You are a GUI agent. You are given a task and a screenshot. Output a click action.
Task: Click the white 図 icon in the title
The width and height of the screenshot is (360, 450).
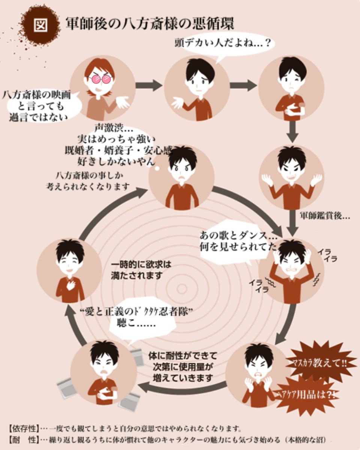(40, 25)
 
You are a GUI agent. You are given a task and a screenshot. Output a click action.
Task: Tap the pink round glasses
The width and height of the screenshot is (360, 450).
(100, 79)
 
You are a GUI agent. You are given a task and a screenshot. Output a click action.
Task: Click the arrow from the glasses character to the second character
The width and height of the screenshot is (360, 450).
(149, 85)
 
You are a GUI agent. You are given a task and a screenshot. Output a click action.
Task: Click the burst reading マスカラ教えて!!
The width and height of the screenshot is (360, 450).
(319, 363)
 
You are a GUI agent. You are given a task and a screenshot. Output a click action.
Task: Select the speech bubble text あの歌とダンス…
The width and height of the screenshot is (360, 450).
(238, 235)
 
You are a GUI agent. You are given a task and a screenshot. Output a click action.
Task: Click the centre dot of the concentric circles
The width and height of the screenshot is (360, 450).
(181, 289)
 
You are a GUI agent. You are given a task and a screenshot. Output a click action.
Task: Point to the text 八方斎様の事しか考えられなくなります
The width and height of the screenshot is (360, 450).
(88, 181)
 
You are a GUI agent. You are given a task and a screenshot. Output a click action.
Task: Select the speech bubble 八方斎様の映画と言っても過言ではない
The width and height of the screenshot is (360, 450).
(37, 106)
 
